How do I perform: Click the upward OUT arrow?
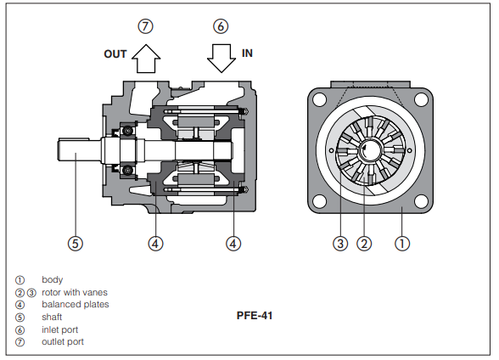point(146,59)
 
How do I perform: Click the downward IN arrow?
point(221,59)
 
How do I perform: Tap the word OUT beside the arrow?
point(115,54)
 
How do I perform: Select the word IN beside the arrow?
point(247,53)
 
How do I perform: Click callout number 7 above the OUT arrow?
point(145,26)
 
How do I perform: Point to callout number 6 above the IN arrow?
point(221,26)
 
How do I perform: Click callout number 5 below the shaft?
point(76,244)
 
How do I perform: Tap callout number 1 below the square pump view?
point(402,244)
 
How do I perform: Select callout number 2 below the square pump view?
point(364,244)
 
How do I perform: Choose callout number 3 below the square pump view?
point(340,244)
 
